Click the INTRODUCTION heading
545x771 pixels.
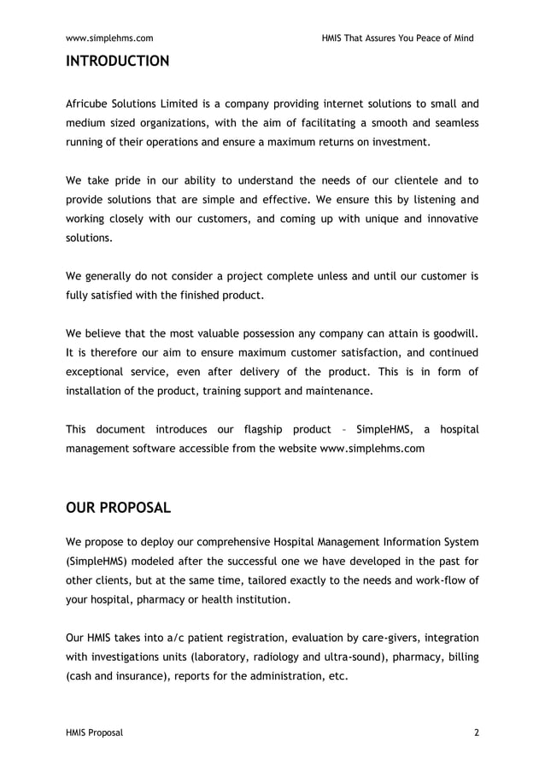click(117, 62)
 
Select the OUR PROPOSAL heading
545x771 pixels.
click(118, 508)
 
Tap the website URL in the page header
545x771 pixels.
click(109, 38)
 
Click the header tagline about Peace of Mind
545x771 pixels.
click(397, 38)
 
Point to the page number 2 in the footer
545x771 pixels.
click(476, 733)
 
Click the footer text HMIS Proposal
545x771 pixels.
click(95, 733)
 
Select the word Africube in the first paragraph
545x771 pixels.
click(91, 104)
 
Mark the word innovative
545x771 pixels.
click(448, 219)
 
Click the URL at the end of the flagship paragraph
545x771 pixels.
click(372, 448)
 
